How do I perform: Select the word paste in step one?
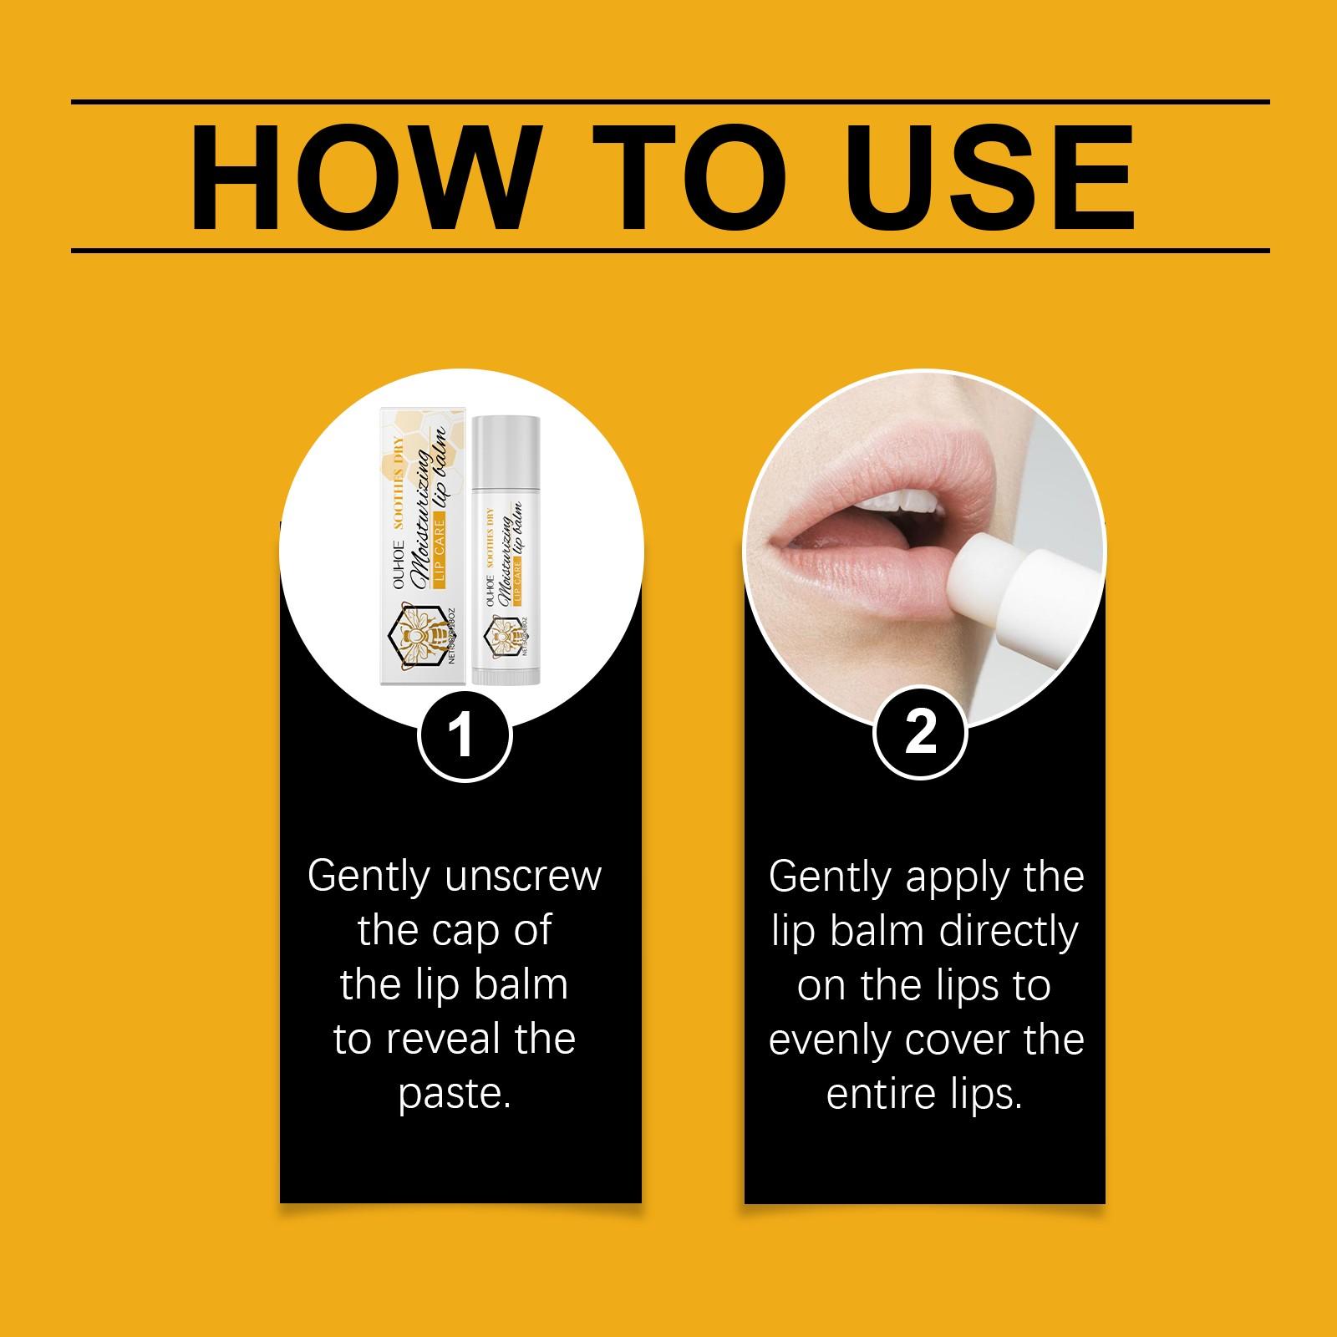coord(455,1094)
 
